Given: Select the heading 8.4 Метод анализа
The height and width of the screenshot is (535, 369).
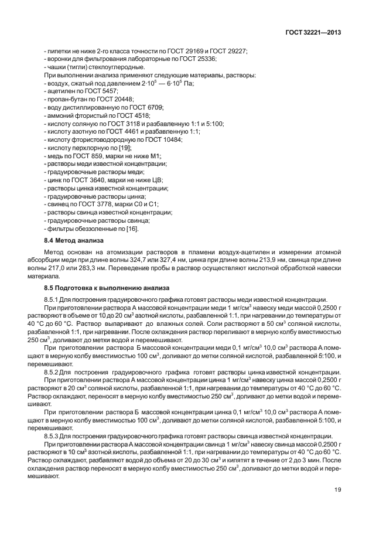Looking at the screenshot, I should click(74, 241).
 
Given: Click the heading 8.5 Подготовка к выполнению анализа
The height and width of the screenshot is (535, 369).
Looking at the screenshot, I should click(107, 288).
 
